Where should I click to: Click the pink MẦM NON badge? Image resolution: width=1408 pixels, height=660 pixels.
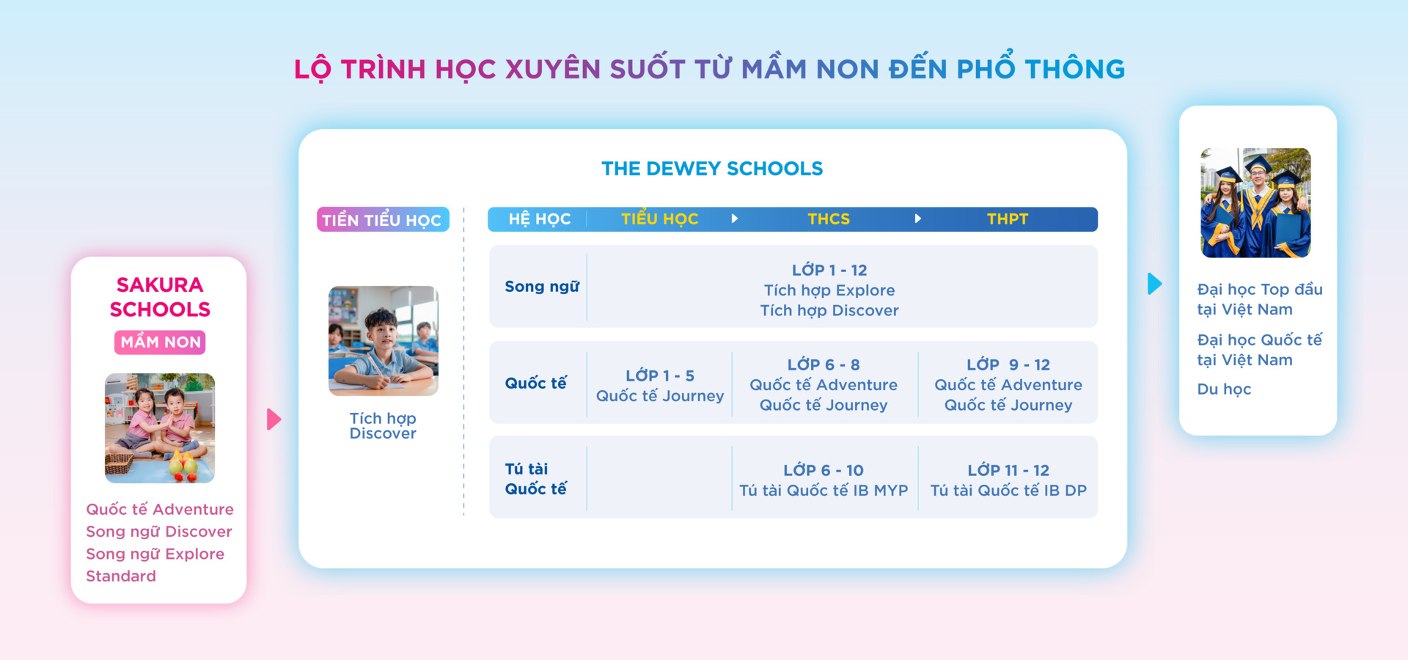coord(160,342)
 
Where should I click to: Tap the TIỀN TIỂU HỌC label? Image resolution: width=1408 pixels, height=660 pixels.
coord(382,220)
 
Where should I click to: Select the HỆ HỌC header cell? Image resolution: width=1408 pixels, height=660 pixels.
coord(539,219)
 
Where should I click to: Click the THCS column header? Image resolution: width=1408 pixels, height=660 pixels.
coord(829,219)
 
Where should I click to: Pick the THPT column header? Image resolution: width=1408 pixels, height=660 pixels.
coord(1007,219)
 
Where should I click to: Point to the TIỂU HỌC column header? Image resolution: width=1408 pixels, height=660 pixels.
coord(659,219)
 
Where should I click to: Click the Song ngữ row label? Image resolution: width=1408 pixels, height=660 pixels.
coord(541,287)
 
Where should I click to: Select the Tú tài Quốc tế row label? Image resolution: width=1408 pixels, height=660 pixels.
coord(535,479)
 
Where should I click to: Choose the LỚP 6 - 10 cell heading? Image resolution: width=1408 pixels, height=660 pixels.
coord(823,471)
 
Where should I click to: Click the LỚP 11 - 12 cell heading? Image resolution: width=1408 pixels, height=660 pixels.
coord(1008,471)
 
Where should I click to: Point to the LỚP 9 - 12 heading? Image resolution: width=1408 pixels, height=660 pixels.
coord(1008,365)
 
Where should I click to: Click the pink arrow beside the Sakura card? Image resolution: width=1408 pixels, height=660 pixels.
coord(274,419)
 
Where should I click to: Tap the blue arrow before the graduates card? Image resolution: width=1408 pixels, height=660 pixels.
coord(1154,284)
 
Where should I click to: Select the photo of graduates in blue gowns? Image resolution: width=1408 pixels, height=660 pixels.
coord(1255,203)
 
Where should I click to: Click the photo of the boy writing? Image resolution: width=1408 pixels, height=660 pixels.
coord(383,341)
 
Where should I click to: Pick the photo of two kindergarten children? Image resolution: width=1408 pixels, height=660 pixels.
coord(160,428)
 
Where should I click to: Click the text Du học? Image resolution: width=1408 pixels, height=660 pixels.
coord(1224,389)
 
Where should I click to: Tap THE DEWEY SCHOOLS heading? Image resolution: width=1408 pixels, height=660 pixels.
coord(712,169)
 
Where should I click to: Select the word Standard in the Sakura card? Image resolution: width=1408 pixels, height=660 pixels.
coord(121,576)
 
